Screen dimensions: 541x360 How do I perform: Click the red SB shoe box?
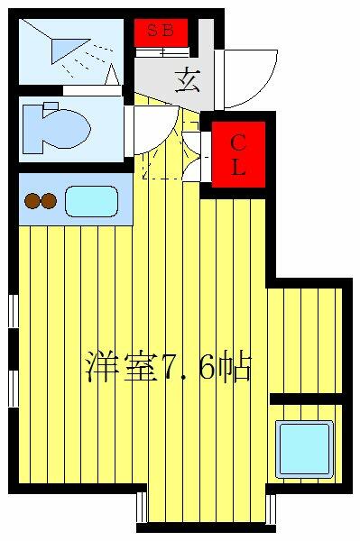tap(161, 32)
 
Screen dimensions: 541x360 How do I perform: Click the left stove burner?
tap(33, 202)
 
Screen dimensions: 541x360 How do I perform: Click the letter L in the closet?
tap(239, 168)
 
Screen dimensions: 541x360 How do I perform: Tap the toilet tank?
tap(29, 128)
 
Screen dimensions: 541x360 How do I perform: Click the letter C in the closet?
tap(239, 142)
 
